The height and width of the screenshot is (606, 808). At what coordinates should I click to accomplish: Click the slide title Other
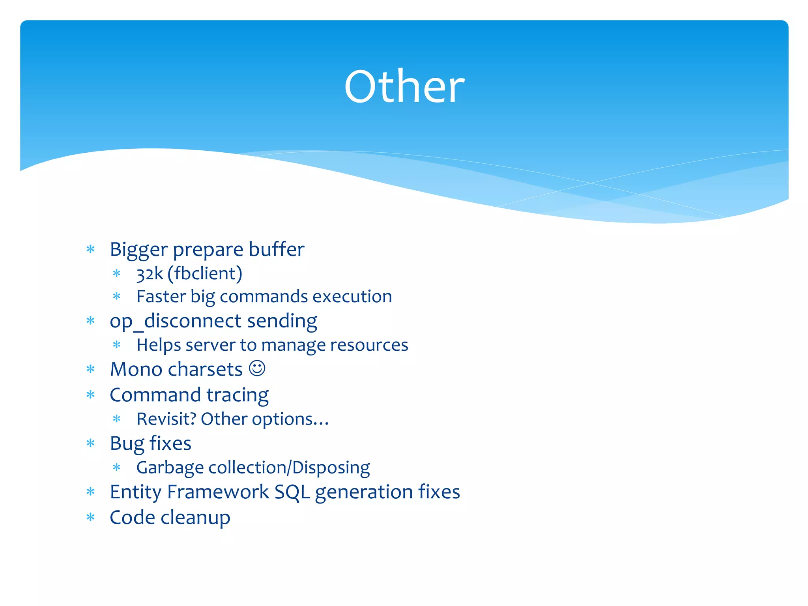[404, 87]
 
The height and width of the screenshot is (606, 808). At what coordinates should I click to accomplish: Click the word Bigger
[138, 250]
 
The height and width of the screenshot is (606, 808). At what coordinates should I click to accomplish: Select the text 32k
[150, 273]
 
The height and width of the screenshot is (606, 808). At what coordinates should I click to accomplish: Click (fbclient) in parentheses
[205, 273]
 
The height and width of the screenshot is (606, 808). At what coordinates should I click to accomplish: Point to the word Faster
[161, 296]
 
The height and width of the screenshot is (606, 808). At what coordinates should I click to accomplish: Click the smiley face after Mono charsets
[257, 368]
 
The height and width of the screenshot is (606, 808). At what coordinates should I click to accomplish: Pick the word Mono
[136, 370]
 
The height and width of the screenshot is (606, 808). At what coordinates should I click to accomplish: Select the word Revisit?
[166, 419]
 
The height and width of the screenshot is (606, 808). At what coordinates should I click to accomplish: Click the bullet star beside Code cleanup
[91, 517]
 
